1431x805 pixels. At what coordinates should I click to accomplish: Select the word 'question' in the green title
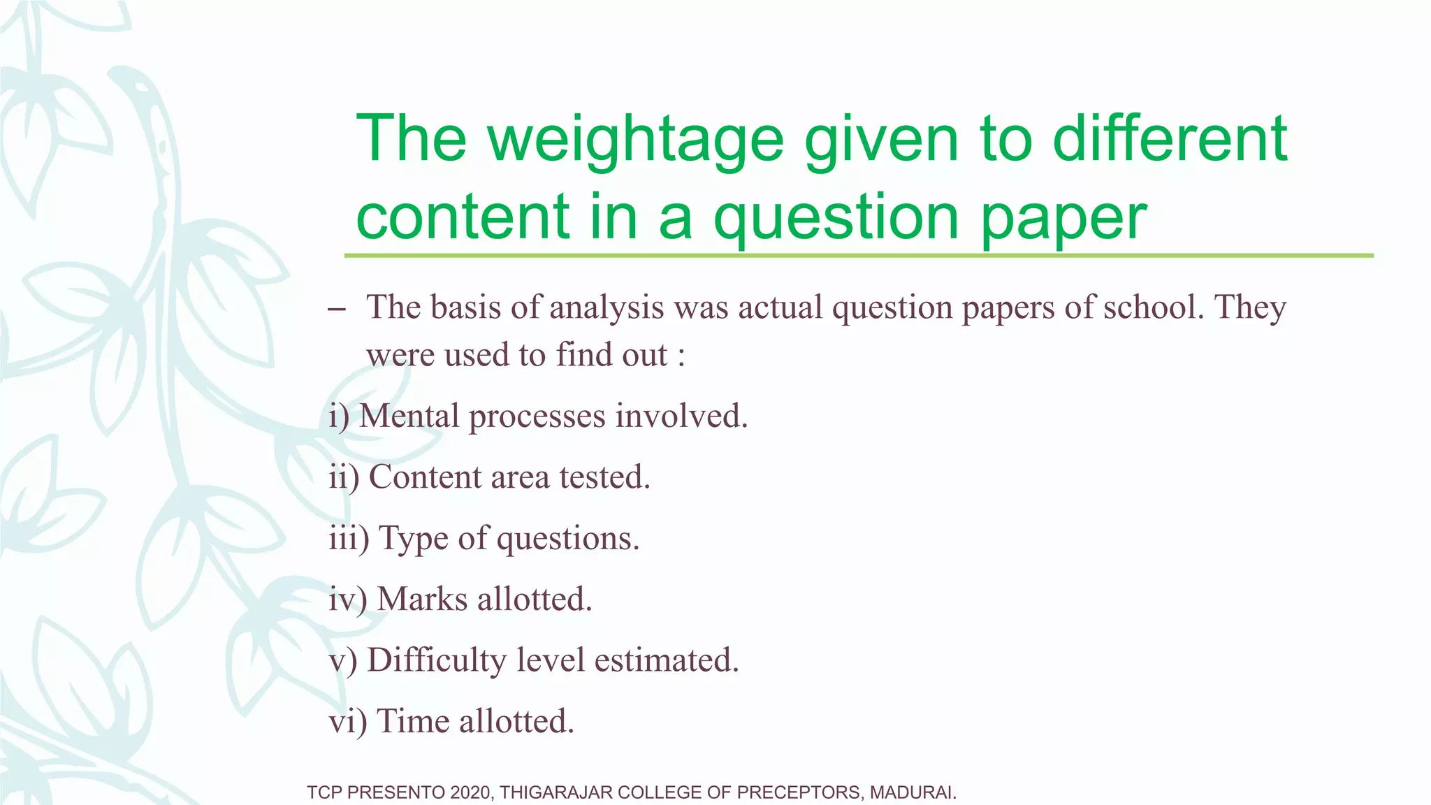point(836,218)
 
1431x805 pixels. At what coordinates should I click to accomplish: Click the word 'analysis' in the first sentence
point(606,307)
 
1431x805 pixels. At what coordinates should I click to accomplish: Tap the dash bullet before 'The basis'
point(336,309)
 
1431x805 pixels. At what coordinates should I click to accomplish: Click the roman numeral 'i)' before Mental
point(339,416)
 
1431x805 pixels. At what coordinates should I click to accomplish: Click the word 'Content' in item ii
point(425,477)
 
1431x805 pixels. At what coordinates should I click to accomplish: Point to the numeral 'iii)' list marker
point(349,539)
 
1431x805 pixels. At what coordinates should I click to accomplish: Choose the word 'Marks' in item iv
point(422,599)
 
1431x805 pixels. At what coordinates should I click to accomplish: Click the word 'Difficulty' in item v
point(437,661)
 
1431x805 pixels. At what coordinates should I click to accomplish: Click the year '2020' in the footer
point(471,792)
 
